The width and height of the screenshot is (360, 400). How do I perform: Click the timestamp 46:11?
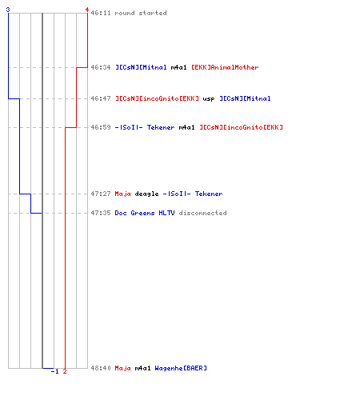click(101, 13)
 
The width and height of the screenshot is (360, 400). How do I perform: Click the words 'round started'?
click(141, 13)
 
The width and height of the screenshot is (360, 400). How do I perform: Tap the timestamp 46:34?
click(101, 67)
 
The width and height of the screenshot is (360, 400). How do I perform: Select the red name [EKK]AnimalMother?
click(225, 67)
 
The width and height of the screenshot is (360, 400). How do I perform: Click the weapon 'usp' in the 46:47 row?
click(209, 99)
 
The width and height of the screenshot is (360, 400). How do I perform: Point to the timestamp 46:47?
click(101, 98)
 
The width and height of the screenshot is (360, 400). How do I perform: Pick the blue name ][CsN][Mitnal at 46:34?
click(141, 67)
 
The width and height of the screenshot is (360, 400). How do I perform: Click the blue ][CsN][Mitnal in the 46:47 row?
click(245, 98)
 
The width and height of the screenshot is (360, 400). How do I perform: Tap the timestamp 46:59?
click(101, 127)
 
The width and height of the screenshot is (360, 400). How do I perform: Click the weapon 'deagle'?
click(146, 194)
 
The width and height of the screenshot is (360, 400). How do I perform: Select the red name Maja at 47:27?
click(122, 194)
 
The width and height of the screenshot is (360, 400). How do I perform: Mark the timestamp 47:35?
click(101, 213)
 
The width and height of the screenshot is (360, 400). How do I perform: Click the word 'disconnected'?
click(202, 213)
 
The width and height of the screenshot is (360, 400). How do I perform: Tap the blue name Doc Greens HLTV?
click(145, 213)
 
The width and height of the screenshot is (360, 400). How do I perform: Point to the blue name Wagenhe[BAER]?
click(181, 368)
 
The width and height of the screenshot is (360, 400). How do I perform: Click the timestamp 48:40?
click(101, 368)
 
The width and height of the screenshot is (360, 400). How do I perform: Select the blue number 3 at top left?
click(8, 10)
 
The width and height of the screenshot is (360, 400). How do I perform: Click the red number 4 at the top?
click(86, 10)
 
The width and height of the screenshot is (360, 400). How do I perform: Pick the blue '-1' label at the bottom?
click(54, 371)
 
